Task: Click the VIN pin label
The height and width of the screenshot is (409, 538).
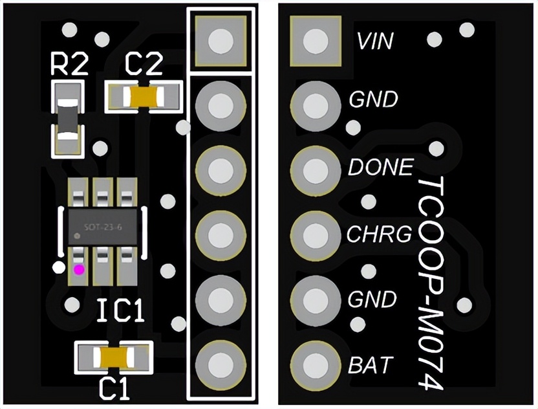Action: coord(374,42)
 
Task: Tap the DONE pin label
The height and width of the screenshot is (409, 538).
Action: coord(380,168)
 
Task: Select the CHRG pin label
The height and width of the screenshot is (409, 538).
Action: coord(379,234)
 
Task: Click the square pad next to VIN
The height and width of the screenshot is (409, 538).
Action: coord(316,40)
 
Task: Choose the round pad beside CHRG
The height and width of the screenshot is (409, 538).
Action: coord(316,234)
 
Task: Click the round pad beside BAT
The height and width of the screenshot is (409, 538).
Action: coord(316,365)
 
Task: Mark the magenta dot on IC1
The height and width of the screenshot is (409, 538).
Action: coord(79,269)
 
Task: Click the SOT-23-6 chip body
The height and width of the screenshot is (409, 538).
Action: coord(103,227)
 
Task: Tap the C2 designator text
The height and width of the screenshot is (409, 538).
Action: coord(144,65)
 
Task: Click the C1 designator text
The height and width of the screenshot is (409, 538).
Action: coord(114,388)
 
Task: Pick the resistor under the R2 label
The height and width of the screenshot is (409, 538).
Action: coord(69,119)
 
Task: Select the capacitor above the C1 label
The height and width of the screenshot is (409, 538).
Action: coord(114,357)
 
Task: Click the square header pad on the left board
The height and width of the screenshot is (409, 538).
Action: coord(220,40)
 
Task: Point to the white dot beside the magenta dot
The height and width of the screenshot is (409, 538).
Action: coord(59,267)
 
